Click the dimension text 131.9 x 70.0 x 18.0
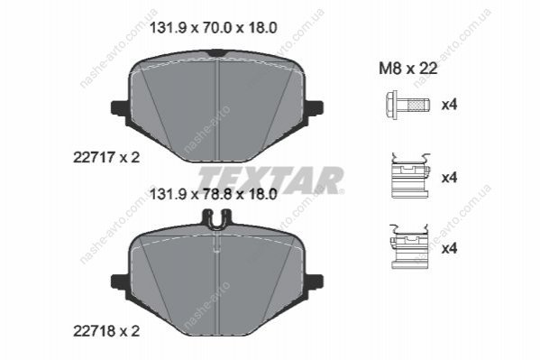pyautogui.click(x=213, y=28)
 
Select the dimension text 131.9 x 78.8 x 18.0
pyautogui.click(x=213, y=195)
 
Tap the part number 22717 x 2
pyautogui.click(x=106, y=158)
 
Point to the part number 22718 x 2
pyautogui.click(x=106, y=331)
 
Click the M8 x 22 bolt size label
pyautogui.click(x=408, y=69)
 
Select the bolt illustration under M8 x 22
pyautogui.click(x=407, y=106)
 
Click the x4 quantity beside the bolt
pyautogui.click(x=450, y=105)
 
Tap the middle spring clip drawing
pyautogui.click(x=410, y=176)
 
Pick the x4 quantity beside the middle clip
pyautogui.click(x=450, y=178)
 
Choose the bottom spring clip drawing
pyautogui.click(x=409, y=246)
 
